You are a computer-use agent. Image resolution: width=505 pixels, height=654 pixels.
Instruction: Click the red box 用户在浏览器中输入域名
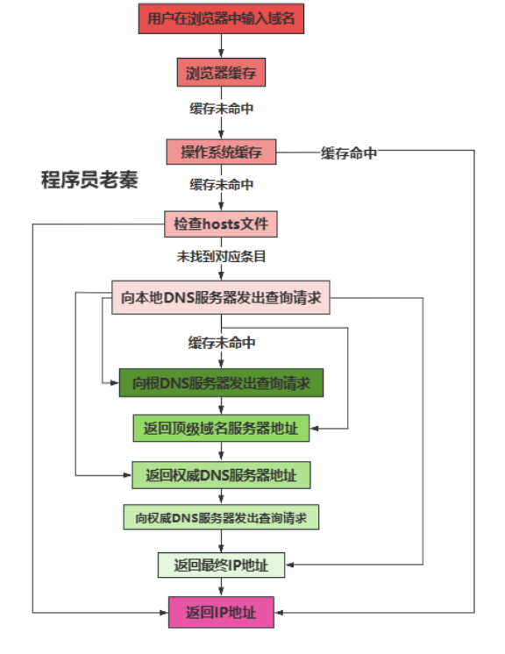pos(221,18)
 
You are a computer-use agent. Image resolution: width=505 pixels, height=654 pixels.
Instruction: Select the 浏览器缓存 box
pos(221,73)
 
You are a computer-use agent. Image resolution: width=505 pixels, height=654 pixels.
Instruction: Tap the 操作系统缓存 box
pos(221,152)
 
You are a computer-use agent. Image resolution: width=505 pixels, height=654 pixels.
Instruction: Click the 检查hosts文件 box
pos(221,224)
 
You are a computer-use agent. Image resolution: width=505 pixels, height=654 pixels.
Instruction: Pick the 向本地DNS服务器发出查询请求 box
pos(221,297)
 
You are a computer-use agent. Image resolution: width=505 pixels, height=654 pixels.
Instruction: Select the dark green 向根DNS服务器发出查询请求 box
pos(221,383)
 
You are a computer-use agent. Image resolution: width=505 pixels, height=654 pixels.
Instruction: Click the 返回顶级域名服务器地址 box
pos(221,429)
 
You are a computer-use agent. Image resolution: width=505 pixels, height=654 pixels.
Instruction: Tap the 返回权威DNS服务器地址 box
pos(221,475)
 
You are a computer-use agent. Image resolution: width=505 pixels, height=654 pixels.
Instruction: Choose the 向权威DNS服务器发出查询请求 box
pos(221,517)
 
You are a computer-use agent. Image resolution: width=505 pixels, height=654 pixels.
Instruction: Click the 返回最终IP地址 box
pos(221,565)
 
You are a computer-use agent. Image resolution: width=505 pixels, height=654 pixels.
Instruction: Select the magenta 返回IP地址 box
pos(221,612)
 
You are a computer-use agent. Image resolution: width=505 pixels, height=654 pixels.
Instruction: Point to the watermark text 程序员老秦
pos(89,180)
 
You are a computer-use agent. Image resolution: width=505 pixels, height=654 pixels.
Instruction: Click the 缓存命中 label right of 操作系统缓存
pos(349,153)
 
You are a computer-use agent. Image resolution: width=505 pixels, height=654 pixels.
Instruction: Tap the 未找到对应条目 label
pos(221,256)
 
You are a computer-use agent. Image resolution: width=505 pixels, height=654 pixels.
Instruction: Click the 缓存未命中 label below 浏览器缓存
pos(222,109)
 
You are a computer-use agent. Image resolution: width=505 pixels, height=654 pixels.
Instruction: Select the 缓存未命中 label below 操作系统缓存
pos(222,184)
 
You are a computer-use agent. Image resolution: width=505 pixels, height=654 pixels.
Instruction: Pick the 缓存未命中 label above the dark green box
pos(222,343)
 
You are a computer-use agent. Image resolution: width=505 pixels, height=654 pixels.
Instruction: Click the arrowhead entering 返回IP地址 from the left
pos(164,613)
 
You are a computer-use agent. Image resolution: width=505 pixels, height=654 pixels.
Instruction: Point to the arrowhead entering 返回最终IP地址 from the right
pos(289,565)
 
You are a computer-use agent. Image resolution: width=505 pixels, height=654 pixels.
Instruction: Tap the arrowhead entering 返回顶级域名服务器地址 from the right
pos(314,429)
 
